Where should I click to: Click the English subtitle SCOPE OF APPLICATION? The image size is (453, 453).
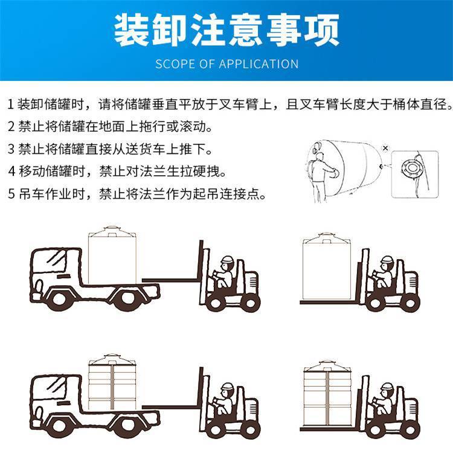pos(226,64)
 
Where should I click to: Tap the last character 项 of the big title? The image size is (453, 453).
pos(321,29)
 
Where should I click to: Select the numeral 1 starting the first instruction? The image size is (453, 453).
pos(11,104)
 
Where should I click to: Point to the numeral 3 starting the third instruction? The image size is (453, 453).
pos(11,149)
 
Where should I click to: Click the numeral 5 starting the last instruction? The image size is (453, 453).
pos(11,194)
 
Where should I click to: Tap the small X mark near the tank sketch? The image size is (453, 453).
pos(385,148)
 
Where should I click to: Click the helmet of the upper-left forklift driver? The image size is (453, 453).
pos(227,259)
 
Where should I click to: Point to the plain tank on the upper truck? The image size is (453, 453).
pos(112,254)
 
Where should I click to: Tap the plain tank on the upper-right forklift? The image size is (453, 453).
pos(326,266)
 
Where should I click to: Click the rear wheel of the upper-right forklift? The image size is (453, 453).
pos(410,303)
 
